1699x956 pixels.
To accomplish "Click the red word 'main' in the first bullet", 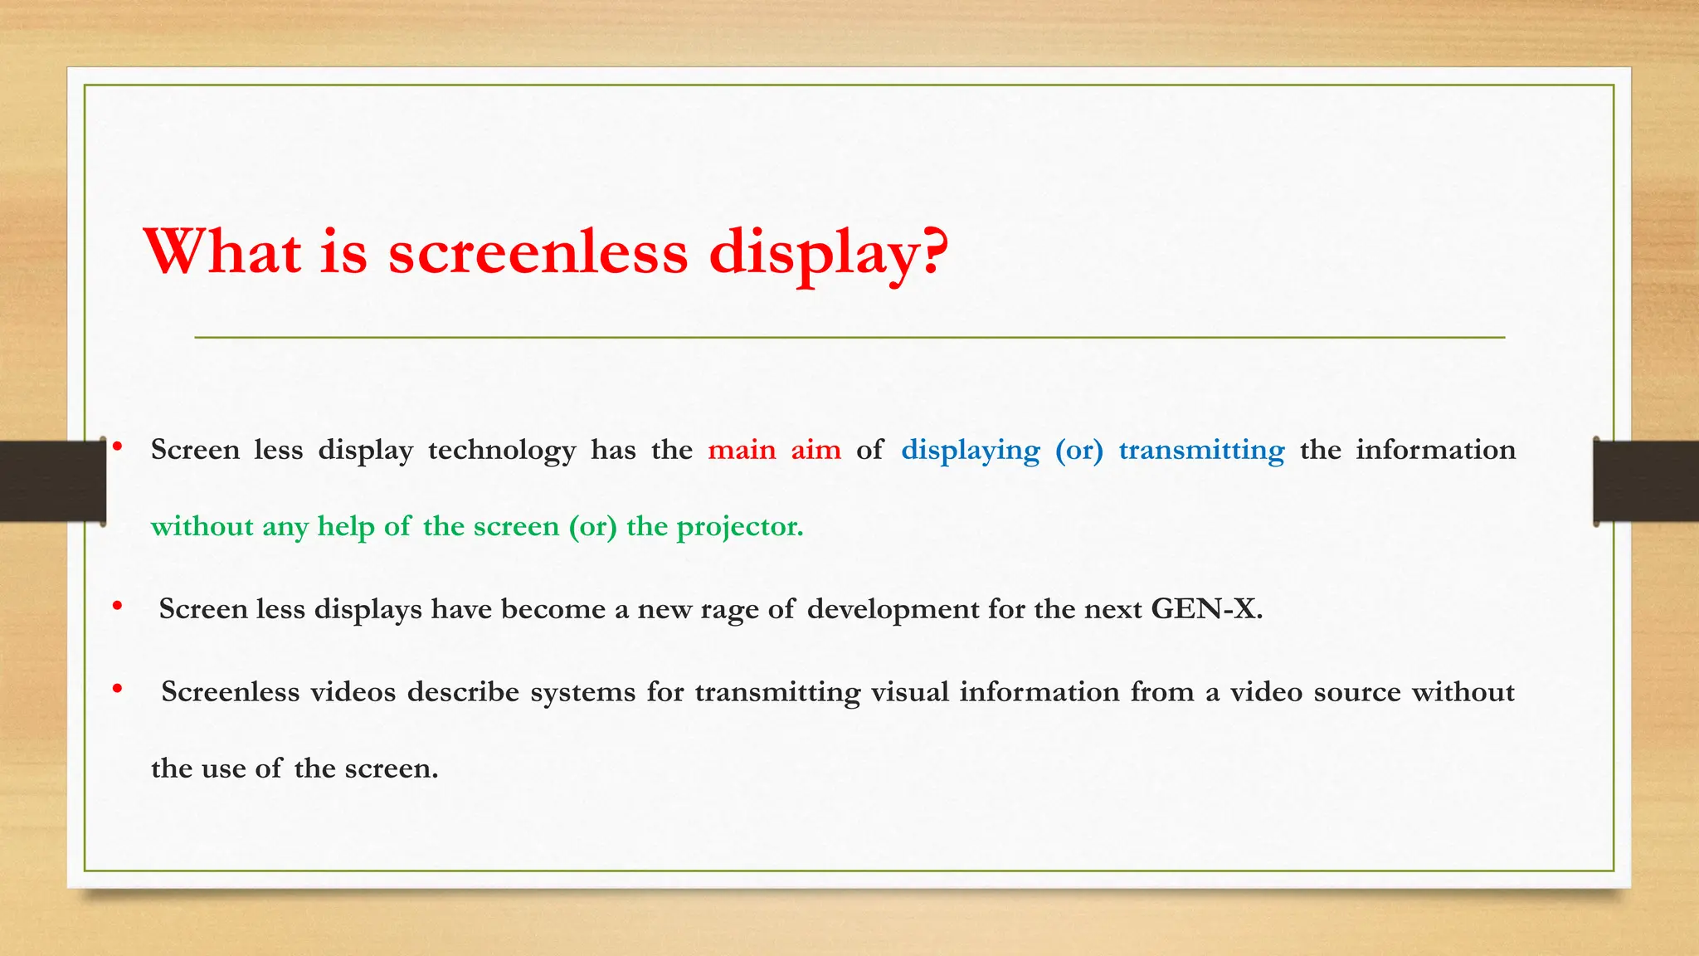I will [x=742, y=450].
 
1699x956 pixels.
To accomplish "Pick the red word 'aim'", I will [x=815, y=450].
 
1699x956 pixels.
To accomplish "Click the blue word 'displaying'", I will [x=970, y=451].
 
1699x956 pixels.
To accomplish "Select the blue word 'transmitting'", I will [x=1201, y=451].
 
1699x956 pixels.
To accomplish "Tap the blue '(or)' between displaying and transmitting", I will [x=1078, y=451].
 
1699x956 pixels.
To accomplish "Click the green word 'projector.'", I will [x=740, y=527].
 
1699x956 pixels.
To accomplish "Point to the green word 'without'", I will [x=202, y=526].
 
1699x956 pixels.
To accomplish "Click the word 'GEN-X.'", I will [x=1206, y=609].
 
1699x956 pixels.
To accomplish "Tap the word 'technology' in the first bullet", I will [x=501, y=451].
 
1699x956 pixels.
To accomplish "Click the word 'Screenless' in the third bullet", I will [x=230, y=692].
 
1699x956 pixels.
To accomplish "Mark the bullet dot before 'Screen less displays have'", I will [x=118, y=606].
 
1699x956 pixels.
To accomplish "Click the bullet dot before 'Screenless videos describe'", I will [x=118, y=688].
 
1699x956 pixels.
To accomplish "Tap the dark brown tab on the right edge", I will [x=1646, y=481].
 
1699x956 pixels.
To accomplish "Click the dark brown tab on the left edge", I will [x=52, y=481].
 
